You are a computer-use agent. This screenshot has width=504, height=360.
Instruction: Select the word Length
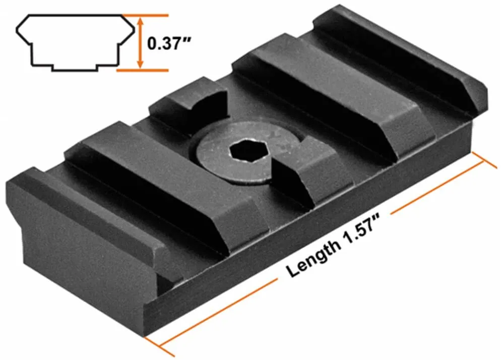tap(312, 257)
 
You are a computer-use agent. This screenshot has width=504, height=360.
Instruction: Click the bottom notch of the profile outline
tap(75, 67)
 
